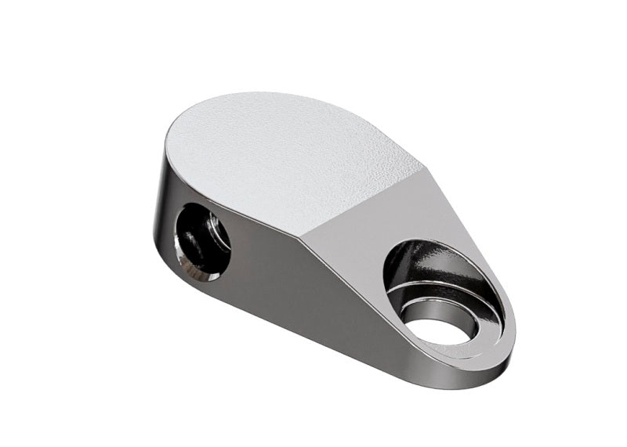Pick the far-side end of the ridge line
(423, 166)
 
